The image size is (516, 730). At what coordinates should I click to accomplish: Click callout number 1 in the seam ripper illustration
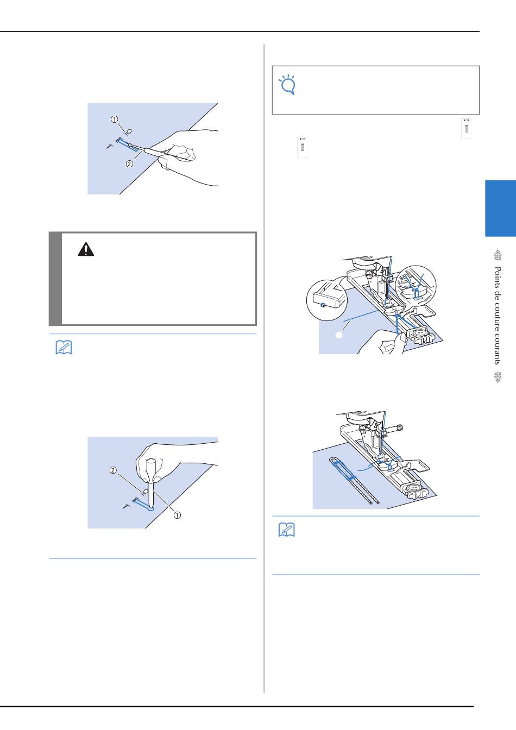tap(115, 119)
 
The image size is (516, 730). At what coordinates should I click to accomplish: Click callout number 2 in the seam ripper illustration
tap(130, 163)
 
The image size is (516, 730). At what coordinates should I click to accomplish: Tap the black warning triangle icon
tap(86, 249)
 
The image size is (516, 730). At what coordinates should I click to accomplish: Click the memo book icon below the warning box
tap(64, 348)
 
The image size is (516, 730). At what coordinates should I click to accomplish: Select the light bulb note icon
tap(287, 85)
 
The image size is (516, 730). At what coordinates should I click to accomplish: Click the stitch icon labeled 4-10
tap(467, 128)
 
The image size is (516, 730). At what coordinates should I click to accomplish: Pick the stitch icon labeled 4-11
tap(303, 147)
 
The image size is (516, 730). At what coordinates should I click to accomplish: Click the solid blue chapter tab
tap(500, 208)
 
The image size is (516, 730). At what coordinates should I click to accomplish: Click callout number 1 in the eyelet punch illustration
tap(177, 515)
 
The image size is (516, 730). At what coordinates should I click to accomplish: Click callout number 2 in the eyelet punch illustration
tap(113, 470)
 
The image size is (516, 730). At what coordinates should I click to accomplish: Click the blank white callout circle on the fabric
tap(339, 335)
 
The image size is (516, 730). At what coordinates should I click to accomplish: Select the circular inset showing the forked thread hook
tap(416, 286)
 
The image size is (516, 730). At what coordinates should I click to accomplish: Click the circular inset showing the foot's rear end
tap(327, 300)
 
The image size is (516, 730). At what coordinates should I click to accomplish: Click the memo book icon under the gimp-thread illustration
tap(287, 530)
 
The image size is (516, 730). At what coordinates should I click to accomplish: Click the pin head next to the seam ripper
tap(129, 131)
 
